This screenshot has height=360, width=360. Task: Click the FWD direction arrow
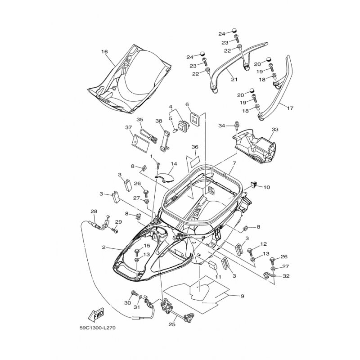pos(96,314)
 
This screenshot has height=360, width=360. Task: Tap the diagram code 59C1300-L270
pos(97,328)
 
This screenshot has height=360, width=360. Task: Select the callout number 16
pos(104,52)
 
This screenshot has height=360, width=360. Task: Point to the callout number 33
pos(275,130)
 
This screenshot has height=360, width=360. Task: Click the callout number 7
pos(234,163)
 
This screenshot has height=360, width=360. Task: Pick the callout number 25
pos(172,324)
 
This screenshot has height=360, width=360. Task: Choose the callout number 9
pos(243,296)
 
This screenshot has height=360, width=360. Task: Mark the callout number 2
pos(104,247)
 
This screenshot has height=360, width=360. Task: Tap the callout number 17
pos(290,108)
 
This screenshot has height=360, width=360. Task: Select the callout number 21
pos(234,80)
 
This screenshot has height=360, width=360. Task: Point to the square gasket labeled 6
pos(195,119)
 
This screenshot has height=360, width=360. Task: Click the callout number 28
pos(94,211)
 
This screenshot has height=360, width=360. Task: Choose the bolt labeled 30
pos(134,293)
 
